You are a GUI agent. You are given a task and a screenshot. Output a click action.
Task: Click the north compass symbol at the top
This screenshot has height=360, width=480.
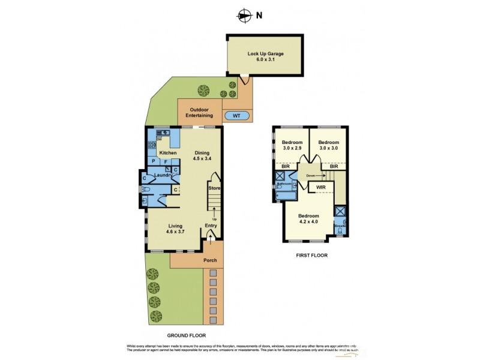point(244,16)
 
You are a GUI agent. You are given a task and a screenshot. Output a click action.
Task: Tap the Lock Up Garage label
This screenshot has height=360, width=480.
point(265,56)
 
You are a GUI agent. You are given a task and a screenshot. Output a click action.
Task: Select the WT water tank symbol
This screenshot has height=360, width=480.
point(236,115)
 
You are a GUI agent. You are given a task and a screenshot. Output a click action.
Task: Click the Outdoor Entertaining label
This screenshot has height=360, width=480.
point(202,112)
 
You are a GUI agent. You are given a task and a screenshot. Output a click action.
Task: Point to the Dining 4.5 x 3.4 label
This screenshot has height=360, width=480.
point(202,155)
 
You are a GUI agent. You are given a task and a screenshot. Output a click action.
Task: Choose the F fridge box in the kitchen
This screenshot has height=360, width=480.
point(164,161)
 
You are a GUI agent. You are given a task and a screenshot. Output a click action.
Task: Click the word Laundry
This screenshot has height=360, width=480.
point(163,175)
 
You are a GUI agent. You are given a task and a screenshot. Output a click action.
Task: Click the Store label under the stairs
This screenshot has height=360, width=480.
point(214,188)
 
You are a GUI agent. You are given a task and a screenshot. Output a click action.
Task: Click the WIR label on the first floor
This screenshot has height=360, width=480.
point(321,188)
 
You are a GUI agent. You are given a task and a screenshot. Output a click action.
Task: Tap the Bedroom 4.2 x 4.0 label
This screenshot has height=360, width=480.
point(310,219)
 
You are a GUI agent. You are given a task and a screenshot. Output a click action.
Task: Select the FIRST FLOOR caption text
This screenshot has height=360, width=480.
point(311,255)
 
